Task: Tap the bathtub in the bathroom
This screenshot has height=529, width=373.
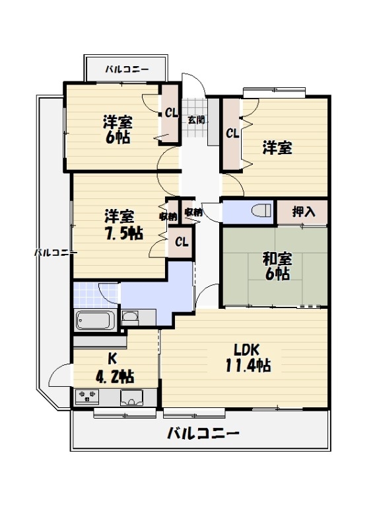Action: pos(96,321)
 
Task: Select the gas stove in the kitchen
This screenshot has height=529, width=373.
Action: pos(86,397)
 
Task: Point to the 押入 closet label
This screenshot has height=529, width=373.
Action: pos(304,212)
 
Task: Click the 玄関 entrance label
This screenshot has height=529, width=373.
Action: pos(195,120)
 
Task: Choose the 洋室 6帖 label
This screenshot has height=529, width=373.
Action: pos(117,130)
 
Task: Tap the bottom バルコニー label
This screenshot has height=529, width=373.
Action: pos(203,434)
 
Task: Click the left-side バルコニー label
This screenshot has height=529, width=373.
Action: pos(55,253)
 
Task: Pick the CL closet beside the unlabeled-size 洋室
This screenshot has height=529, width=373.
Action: pos(232,133)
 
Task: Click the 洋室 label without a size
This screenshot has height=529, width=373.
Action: pos(277,148)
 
